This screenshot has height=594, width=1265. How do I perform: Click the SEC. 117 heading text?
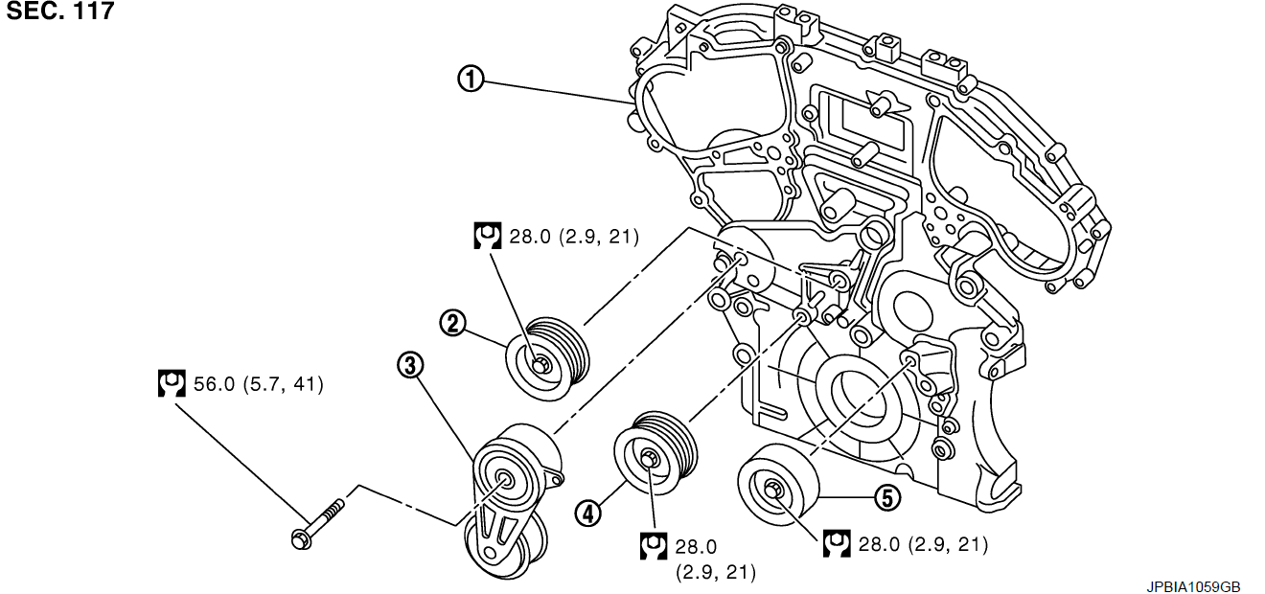coord(59,12)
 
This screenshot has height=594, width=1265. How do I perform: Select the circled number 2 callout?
coord(452,323)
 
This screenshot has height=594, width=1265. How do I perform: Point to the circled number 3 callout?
coord(410,364)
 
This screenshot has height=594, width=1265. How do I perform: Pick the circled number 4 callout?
coord(586,514)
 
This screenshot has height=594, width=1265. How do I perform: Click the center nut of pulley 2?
coord(540,364)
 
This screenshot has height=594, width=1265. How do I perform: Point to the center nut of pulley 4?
coord(648,459)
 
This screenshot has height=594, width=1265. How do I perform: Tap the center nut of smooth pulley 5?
coord(775,492)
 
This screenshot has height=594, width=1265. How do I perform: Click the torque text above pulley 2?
coord(573,236)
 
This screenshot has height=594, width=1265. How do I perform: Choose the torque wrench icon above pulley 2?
coord(487,236)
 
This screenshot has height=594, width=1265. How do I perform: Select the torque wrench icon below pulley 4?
coord(653,546)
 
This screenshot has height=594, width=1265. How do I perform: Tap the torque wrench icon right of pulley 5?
coord(837,543)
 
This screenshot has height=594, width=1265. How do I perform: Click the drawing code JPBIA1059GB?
coord(1193,585)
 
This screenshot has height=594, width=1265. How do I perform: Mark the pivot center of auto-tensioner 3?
coord(503,481)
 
